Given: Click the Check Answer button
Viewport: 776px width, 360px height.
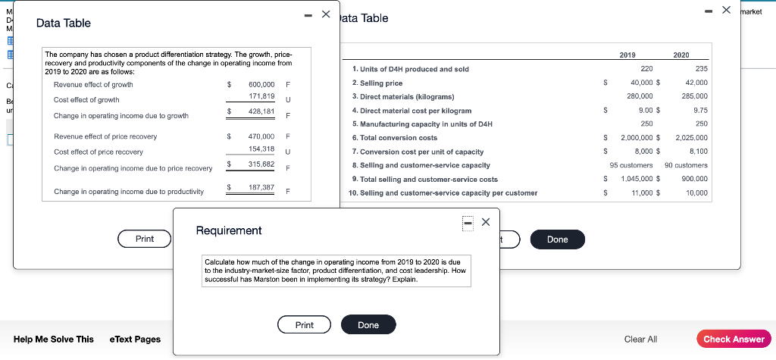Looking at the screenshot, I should pos(734,339).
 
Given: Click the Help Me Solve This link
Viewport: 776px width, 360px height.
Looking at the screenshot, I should pos(54,339).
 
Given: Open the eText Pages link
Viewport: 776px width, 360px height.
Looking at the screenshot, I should pos(135,339).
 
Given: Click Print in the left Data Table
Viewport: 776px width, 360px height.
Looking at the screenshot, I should pos(145,239).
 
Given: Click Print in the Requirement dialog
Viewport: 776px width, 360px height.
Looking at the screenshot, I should pos(305,325).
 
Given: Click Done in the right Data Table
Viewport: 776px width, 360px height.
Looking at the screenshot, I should pos(557,239).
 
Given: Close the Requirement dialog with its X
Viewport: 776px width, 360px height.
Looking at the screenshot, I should pos(486,222).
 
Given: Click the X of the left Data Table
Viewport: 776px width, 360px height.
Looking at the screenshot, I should pos(326,14).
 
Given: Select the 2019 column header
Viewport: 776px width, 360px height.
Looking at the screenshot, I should pos(627,55).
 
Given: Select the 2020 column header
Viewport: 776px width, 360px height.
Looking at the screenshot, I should pos(681,55).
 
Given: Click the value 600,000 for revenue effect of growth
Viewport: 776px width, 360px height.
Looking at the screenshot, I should pos(261,84).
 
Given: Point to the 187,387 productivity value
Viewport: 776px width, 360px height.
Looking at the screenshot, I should pos(261,187).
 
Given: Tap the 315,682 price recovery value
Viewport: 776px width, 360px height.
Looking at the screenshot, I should pos(261,164).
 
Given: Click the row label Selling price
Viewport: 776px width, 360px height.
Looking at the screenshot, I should pos(377,83).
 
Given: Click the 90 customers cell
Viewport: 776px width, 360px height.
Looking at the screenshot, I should pos(686,165).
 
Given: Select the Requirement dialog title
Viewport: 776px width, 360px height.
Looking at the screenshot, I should pos(229,230).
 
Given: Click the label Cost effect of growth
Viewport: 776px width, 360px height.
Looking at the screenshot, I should pos(86,100).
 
